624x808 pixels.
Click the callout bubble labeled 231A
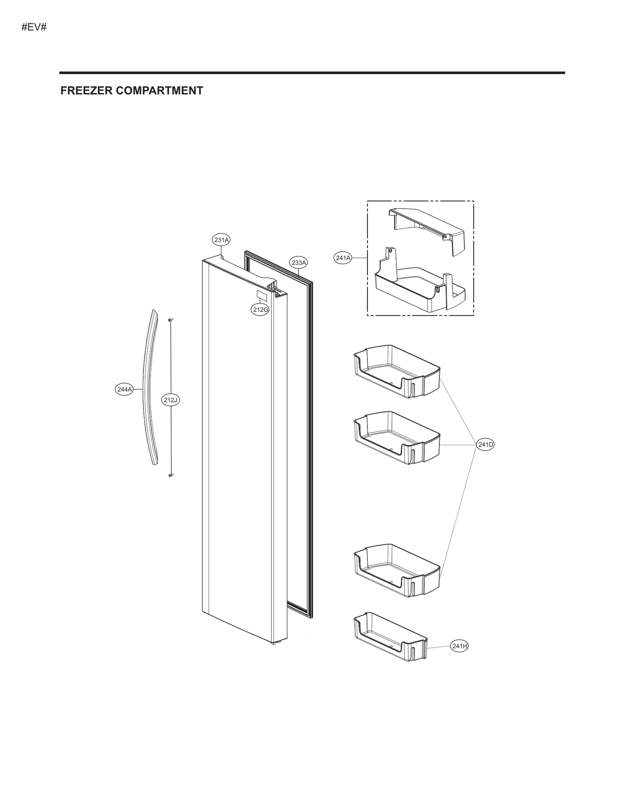click(x=221, y=240)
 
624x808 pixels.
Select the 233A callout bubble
click(x=298, y=263)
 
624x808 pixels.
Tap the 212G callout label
click(x=260, y=310)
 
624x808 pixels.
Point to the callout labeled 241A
click(x=343, y=258)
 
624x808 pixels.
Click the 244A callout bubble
click(x=124, y=389)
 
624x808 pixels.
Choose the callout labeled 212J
click(x=171, y=400)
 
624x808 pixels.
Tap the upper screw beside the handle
click(x=170, y=320)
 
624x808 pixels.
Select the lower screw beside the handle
click(x=170, y=475)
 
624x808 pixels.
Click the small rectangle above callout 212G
click(x=261, y=295)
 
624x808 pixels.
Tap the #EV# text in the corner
click(x=34, y=28)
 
